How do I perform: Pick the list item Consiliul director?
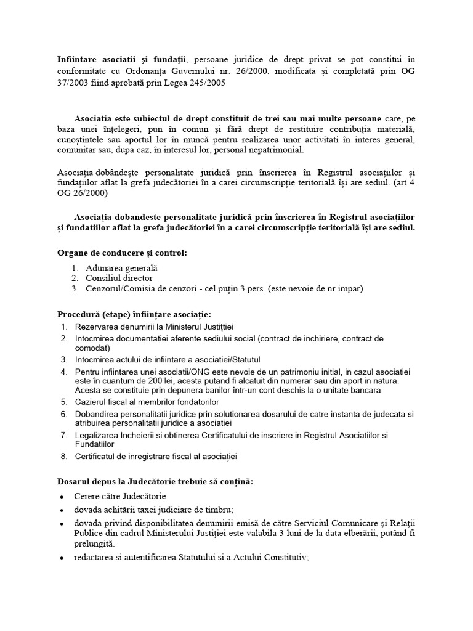coord(119,278)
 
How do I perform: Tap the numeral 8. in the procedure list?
coord(64,457)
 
